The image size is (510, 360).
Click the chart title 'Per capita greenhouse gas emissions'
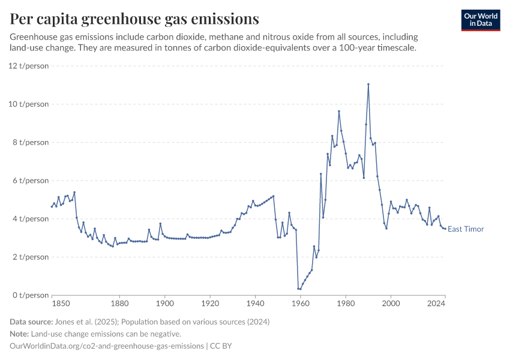pyautogui.click(x=134, y=19)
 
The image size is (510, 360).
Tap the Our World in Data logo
pyautogui.click(x=480, y=20)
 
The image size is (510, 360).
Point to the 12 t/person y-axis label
pyautogui.click(x=28, y=65)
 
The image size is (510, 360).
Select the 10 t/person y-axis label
pyautogui.click(x=28, y=104)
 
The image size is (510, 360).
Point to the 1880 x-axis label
pyautogui.click(x=119, y=304)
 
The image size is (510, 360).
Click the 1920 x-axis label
pyautogui.click(x=209, y=304)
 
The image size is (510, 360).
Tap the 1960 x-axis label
pyautogui.click(x=300, y=304)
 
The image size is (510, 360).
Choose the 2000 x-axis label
pyautogui.click(x=391, y=304)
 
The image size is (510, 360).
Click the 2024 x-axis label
pyautogui.click(x=436, y=304)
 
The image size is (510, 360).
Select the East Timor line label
pyautogui.click(x=466, y=229)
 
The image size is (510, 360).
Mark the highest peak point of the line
pyautogui.click(x=368, y=84)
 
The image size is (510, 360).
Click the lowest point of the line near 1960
pyautogui.click(x=299, y=289)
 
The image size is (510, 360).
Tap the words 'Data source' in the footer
pyautogui.click(x=31, y=322)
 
